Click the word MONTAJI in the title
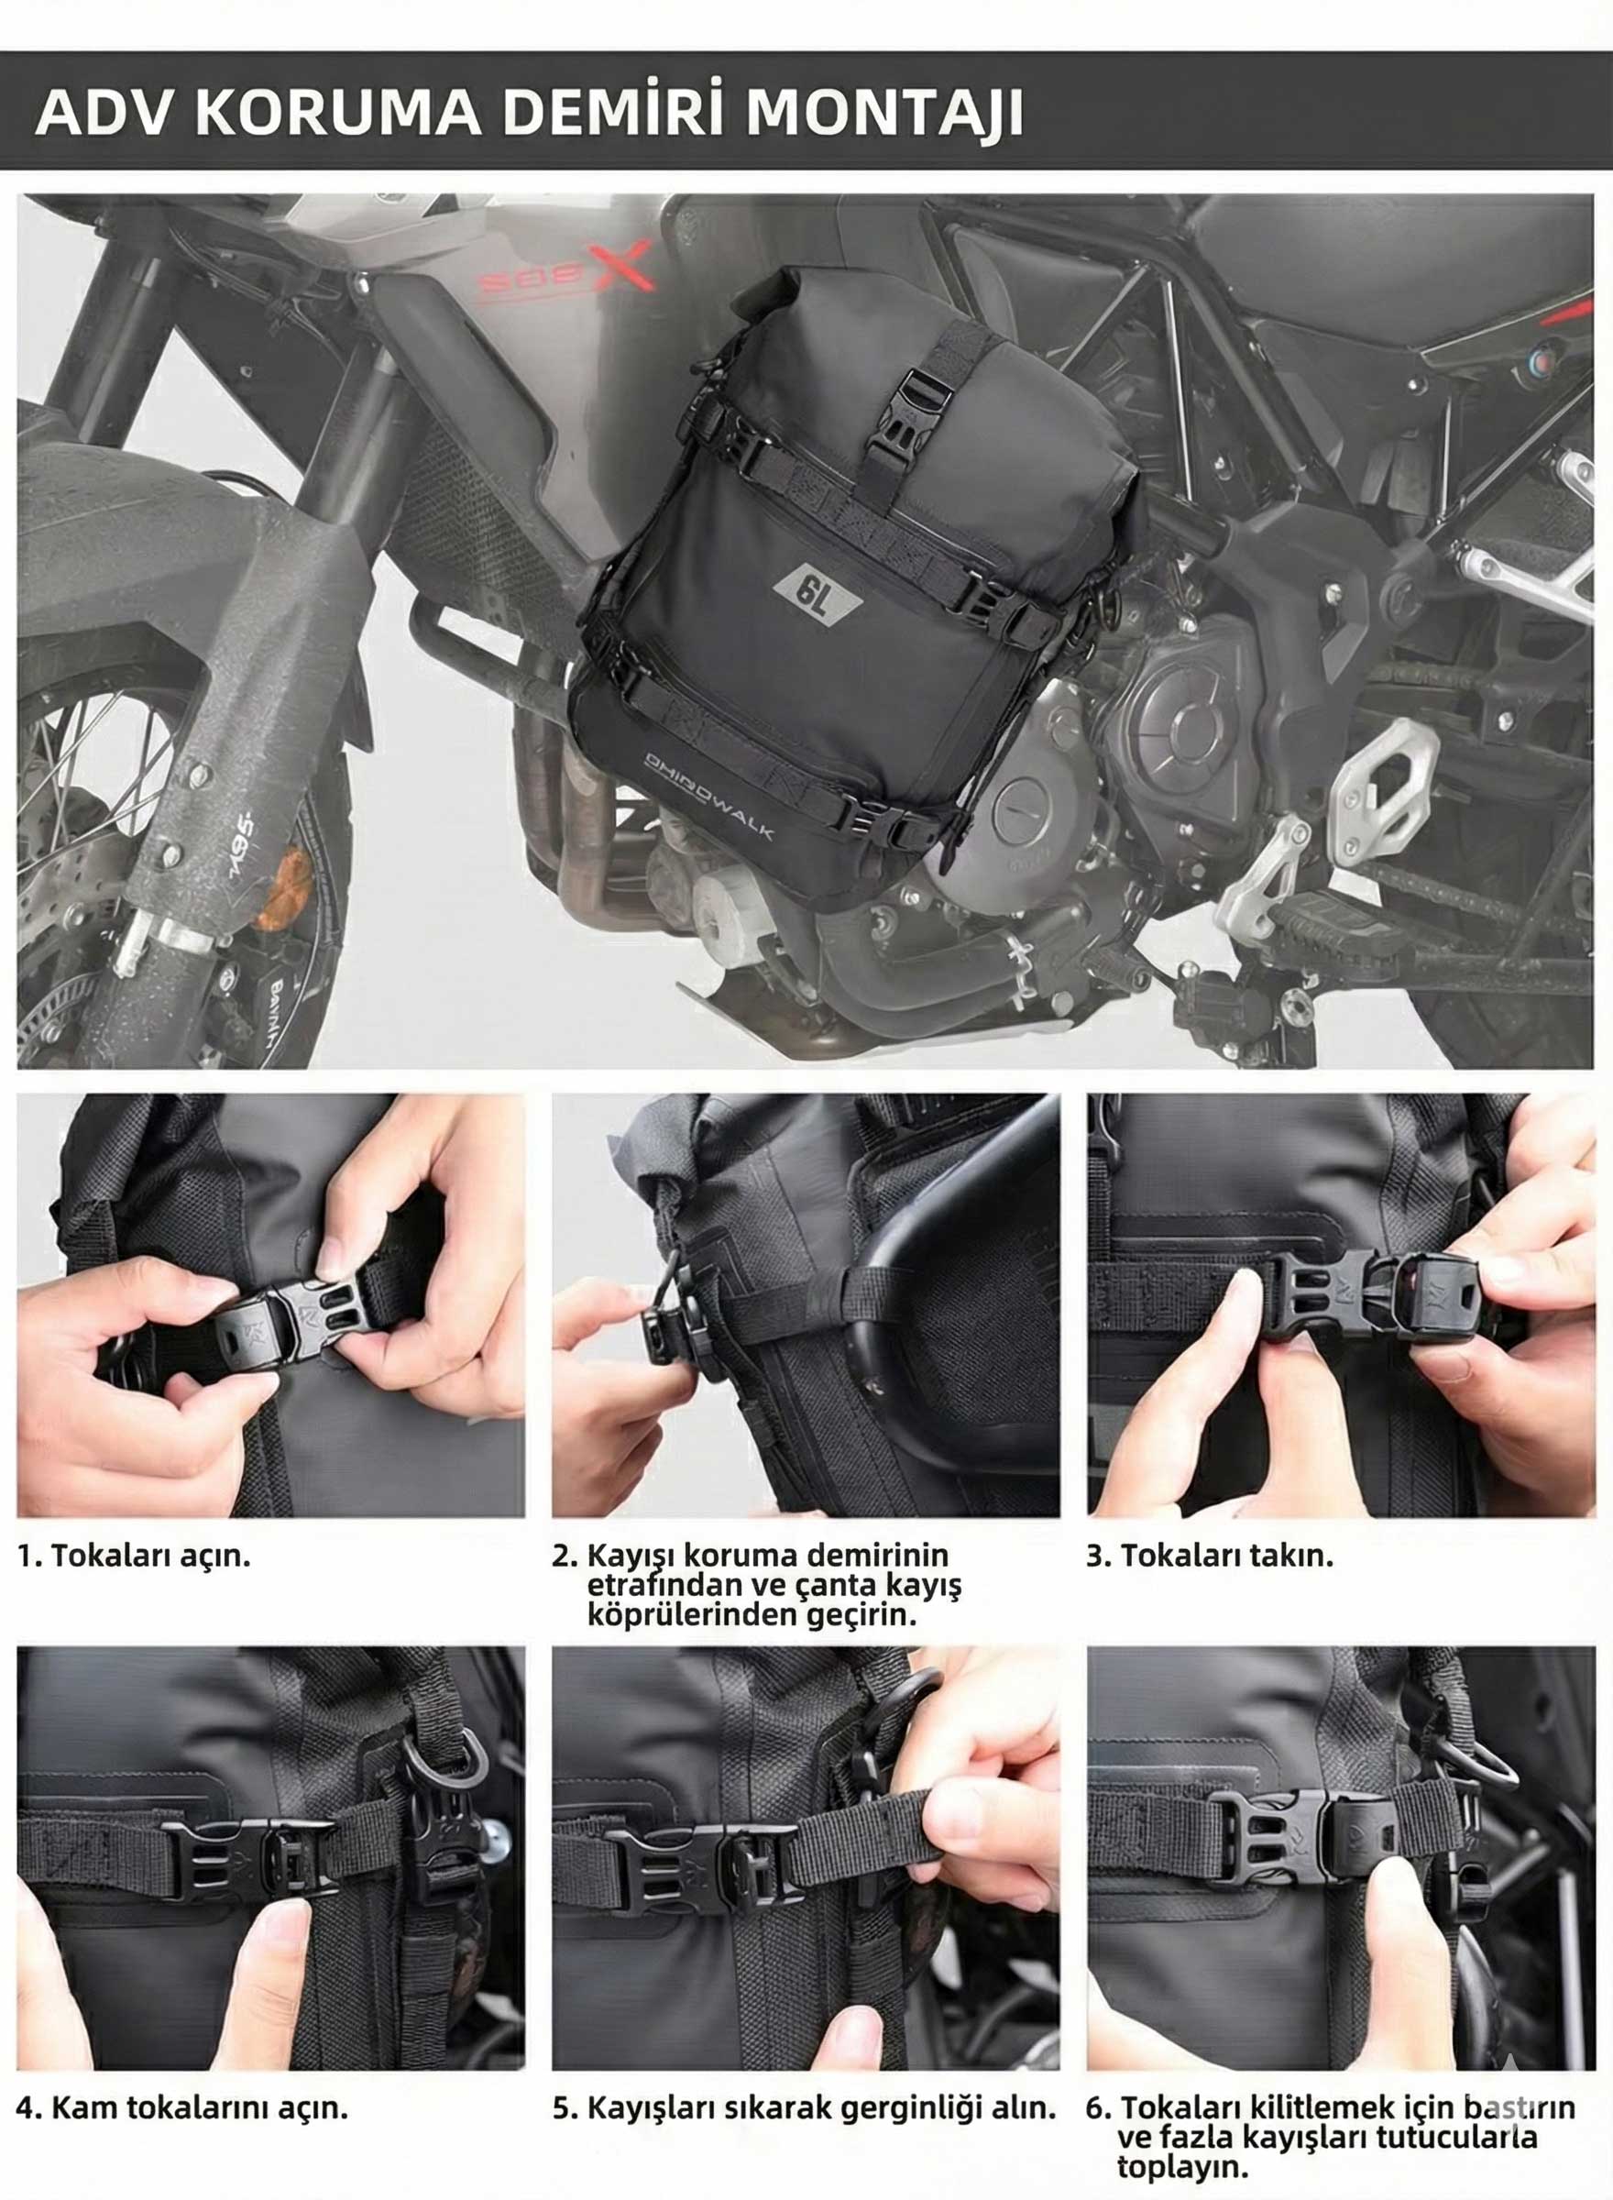pos(885,114)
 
